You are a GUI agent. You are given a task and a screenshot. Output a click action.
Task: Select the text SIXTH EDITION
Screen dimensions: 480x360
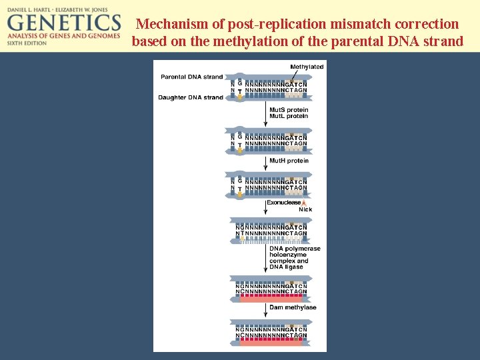click(x=27, y=43)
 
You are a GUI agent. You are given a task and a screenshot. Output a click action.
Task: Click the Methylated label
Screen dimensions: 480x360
click(x=307, y=67)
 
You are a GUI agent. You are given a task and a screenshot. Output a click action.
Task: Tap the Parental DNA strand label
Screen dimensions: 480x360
click(x=192, y=77)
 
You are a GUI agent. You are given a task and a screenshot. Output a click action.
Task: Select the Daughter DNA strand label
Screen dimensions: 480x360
click(x=191, y=97)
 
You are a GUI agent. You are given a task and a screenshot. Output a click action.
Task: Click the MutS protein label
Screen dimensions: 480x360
click(x=289, y=110)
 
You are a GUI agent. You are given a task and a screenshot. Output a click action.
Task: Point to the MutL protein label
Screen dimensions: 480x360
click(x=289, y=116)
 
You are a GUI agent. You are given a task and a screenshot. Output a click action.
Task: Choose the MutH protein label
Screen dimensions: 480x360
click(x=289, y=161)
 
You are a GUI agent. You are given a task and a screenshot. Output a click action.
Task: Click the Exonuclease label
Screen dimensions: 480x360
click(x=283, y=203)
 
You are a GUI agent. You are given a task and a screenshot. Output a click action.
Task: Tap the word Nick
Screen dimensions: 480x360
click(x=305, y=209)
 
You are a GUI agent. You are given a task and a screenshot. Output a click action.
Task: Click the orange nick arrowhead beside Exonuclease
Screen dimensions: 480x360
click(x=304, y=203)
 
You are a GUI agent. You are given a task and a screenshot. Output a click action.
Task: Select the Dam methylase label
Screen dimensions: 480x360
click(x=293, y=307)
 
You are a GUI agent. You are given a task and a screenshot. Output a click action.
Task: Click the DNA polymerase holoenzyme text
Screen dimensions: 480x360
click(x=295, y=252)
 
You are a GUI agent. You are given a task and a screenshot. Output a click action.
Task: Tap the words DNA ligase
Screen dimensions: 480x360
click(x=287, y=267)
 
